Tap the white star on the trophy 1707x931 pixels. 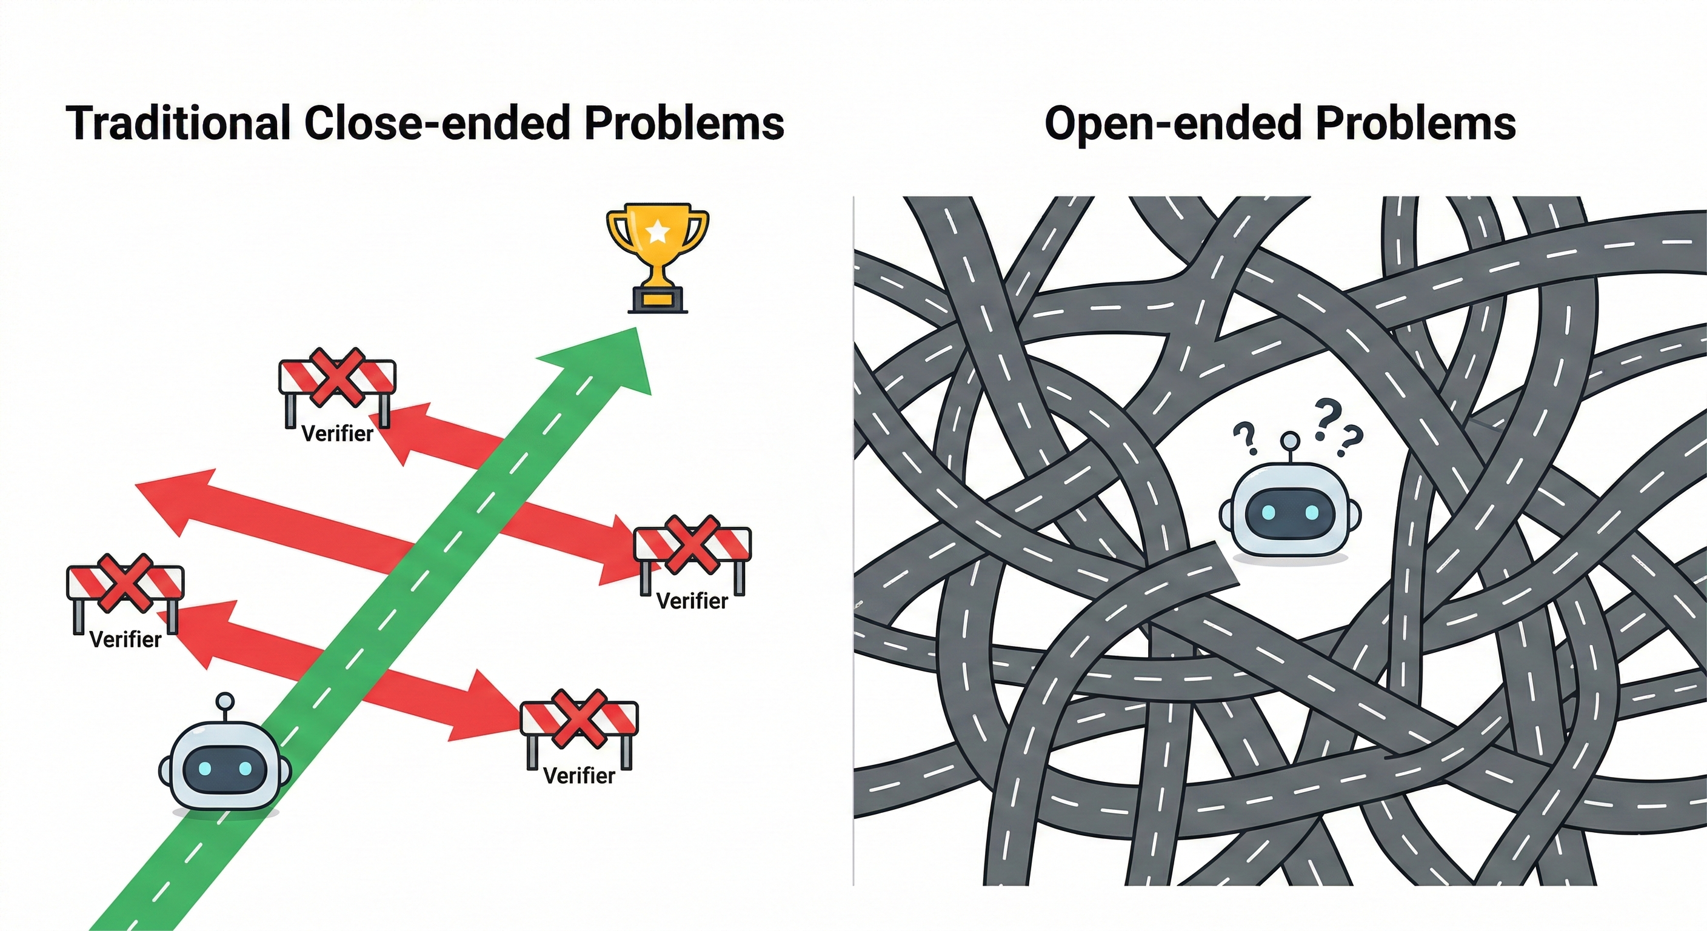click(657, 232)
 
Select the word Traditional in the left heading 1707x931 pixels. click(178, 123)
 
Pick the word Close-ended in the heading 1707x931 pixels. click(437, 123)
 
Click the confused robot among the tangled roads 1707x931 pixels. click(1289, 510)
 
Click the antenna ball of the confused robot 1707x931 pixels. click(1289, 440)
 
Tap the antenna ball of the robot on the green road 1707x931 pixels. click(226, 701)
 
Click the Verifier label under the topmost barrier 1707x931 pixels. click(337, 434)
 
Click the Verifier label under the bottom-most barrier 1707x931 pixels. click(578, 775)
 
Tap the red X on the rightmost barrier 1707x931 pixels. click(692, 545)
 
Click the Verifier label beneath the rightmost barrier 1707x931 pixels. click(692, 601)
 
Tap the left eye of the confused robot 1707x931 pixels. click(1268, 512)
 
